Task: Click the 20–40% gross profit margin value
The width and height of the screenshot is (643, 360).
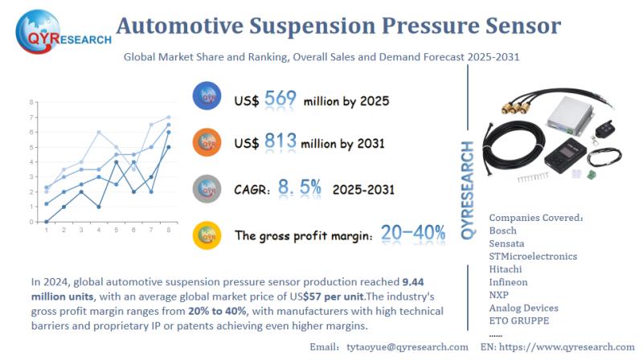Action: [x=413, y=234]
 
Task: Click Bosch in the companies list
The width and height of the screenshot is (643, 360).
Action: [x=503, y=231]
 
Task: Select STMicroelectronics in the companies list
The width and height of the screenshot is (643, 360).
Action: [x=533, y=256]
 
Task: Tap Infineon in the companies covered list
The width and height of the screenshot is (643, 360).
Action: [x=508, y=282]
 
